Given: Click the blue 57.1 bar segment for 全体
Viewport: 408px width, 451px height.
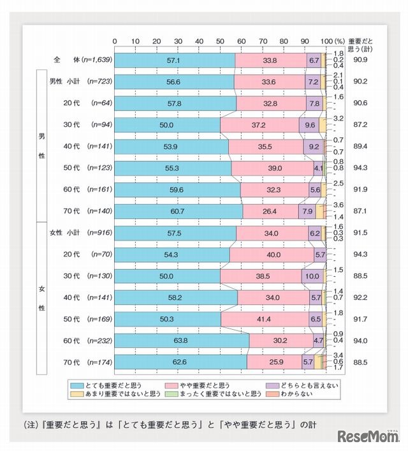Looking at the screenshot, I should [x=175, y=60].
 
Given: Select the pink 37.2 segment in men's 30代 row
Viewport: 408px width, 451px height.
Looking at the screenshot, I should [x=259, y=125].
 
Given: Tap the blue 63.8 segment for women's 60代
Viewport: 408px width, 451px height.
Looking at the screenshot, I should [x=182, y=341].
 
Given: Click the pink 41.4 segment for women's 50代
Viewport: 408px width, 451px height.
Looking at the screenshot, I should [x=266, y=319].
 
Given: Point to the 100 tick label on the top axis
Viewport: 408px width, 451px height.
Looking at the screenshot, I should [x=324, y=41].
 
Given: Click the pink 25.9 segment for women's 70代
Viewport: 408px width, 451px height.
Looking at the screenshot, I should [x=274, y=362].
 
